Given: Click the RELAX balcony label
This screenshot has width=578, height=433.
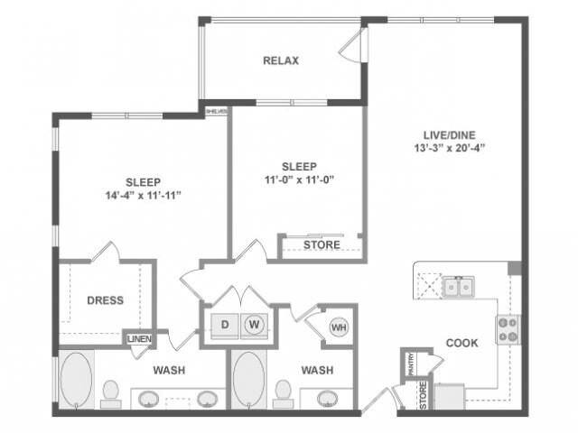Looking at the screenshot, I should tap(281, 61).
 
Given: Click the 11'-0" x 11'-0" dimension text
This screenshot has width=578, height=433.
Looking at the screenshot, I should tap(298, 180).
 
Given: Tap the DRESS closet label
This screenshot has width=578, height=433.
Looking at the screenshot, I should tap(105, 300).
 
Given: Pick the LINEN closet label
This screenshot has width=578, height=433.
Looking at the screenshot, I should tap(138, 338).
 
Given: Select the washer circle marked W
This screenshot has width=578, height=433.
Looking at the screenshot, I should tap(254, 324).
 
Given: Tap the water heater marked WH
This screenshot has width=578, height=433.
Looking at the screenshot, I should tap(339, 327).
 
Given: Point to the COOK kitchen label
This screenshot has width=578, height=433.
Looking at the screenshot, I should tap(461, 343).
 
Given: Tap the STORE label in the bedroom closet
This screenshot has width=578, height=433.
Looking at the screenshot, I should tap(322, 244).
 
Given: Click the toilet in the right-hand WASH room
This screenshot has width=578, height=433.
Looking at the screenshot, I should tap(283, 392).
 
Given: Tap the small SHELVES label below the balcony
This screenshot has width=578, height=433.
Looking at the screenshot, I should tap(217, 111).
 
